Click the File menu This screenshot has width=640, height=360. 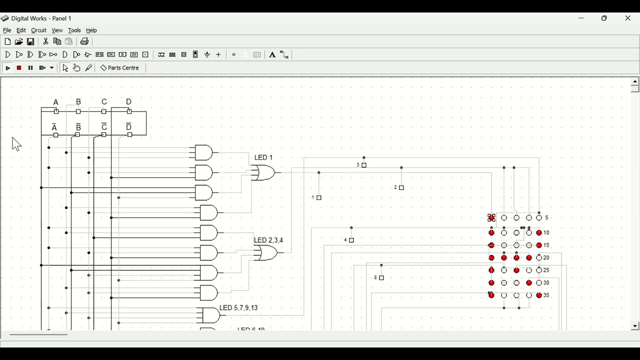7,30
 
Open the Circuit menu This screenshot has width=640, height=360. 38,30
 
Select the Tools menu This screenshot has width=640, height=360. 74,30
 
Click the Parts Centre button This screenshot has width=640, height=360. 120,68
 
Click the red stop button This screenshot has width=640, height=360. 19,68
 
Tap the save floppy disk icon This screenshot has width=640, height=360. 30,42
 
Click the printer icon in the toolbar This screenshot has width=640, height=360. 84,42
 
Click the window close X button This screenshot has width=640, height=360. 628,18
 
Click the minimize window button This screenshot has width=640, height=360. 581,18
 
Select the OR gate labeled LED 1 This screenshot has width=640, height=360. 264,173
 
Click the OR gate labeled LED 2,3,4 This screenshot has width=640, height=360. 266,253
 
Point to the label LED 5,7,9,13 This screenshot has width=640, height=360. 238,308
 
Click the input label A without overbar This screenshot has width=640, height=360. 56,102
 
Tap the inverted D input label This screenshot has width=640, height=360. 129,127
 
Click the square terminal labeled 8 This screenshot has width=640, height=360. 381,278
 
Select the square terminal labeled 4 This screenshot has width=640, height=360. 351,240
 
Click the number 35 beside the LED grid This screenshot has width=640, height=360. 546,295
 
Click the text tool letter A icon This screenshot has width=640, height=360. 272,55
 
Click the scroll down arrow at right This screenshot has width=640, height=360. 635,326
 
